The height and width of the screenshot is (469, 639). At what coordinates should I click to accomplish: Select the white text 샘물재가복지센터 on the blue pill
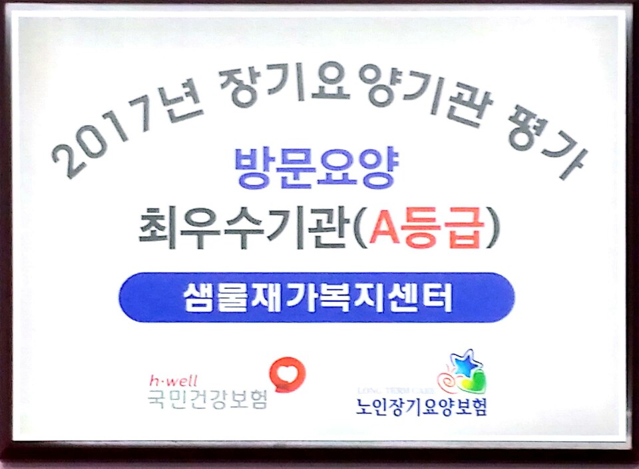pos(317,297)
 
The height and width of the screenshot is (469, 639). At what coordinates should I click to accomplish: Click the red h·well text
pos(170,381)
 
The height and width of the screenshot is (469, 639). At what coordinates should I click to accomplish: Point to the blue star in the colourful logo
pos(468,363)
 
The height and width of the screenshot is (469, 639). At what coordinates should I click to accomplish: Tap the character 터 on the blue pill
pos(440,297)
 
